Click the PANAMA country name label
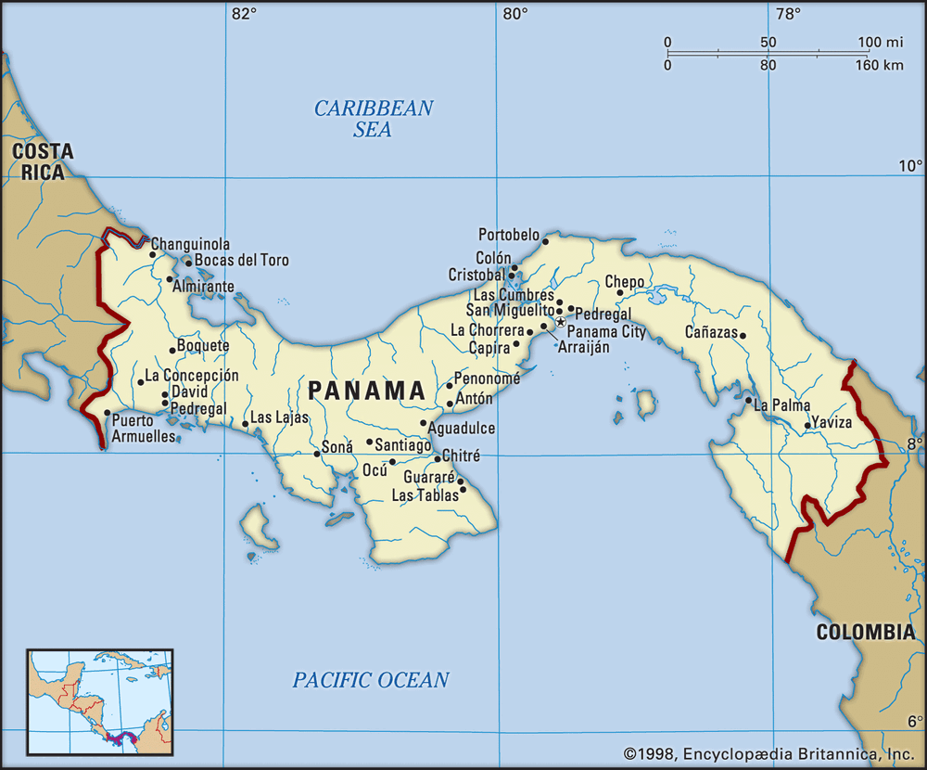[x=367, y=391]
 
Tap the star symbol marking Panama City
[x=560, y=321]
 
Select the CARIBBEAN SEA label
[x=373, y=119]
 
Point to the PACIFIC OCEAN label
[x=371, y=680]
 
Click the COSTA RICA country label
[x=38, y=161]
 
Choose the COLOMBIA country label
[x=865, y=633]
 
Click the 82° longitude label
[x=243, y=14]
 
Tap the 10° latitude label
[x=911, y=166]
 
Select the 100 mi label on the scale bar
[x=880, y=43]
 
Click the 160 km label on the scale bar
[x=878, y=65]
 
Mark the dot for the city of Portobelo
[x=546, y=241]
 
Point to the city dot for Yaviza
[x=807, y=426]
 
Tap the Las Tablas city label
[x=425, y=495]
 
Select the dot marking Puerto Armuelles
[x=108, y=414]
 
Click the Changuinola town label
[x=190, y=245]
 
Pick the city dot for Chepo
[x=620, y=293]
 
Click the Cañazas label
[x=710, y=331]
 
